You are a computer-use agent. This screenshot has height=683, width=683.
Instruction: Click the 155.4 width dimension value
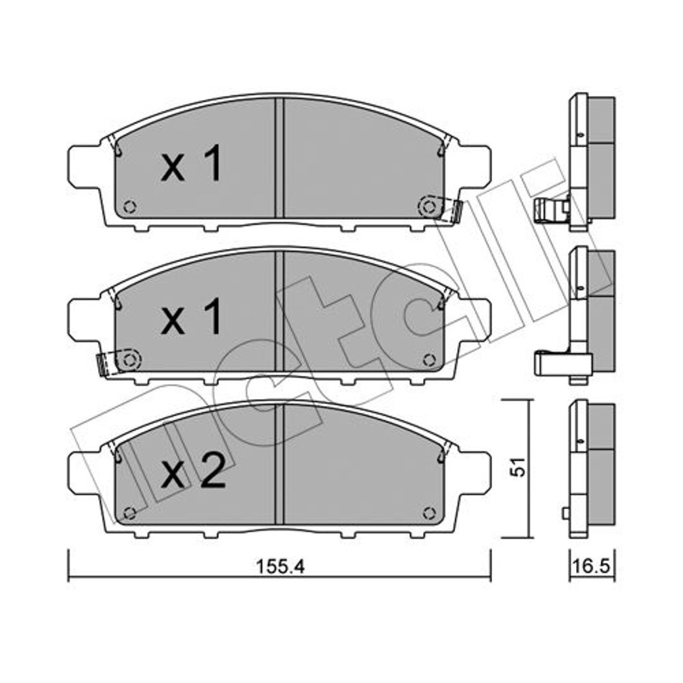(x=281, y=567)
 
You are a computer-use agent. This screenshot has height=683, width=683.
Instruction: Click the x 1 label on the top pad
(x=191, y=163)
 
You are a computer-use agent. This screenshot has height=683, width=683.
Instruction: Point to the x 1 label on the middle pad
(x=191, y=317)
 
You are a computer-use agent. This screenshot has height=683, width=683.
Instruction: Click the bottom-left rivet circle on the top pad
(x=130, y=206)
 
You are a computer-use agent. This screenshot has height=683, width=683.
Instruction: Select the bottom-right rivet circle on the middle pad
(x=429, y=360)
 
